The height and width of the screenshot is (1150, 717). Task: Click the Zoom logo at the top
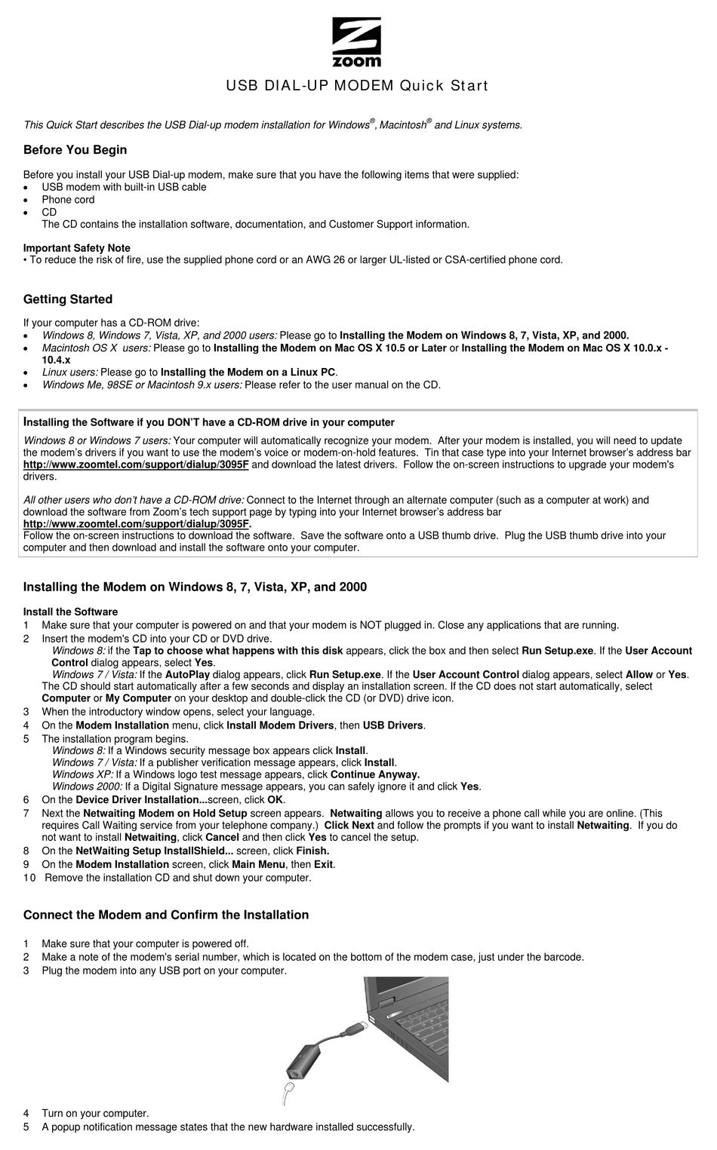pyautogui.click(x=357, y=43)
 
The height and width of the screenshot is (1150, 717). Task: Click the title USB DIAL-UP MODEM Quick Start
pyautogui.click(x=357, y=86)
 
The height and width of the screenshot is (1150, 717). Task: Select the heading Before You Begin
pyautogui.click(x=75, y=150)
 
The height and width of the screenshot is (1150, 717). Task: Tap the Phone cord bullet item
pyautogui.click(x=68, y=200)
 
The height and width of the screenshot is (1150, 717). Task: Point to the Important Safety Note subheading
pyautogui.click(x=77, y=248)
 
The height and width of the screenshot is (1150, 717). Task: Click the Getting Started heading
pyautogui.click(x=68, y=299)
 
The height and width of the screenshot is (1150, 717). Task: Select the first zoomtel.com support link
pyautogui.click(x=136, y=465)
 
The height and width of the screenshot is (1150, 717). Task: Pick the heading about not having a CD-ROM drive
pyautogui.click(x=209, y=422)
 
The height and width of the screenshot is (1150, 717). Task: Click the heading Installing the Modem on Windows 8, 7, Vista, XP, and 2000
pyautogui.click(x=195, y=587)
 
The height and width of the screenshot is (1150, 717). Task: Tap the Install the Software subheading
pyautogui.click(x=70, y=612)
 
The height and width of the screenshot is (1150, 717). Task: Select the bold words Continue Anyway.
pyautogui.click(x=375, y=774)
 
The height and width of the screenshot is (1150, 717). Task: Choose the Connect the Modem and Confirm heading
pyautogui.click(x=166, y=915)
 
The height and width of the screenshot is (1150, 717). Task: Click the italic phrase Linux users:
pyautogui.click(x=70, y=372)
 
